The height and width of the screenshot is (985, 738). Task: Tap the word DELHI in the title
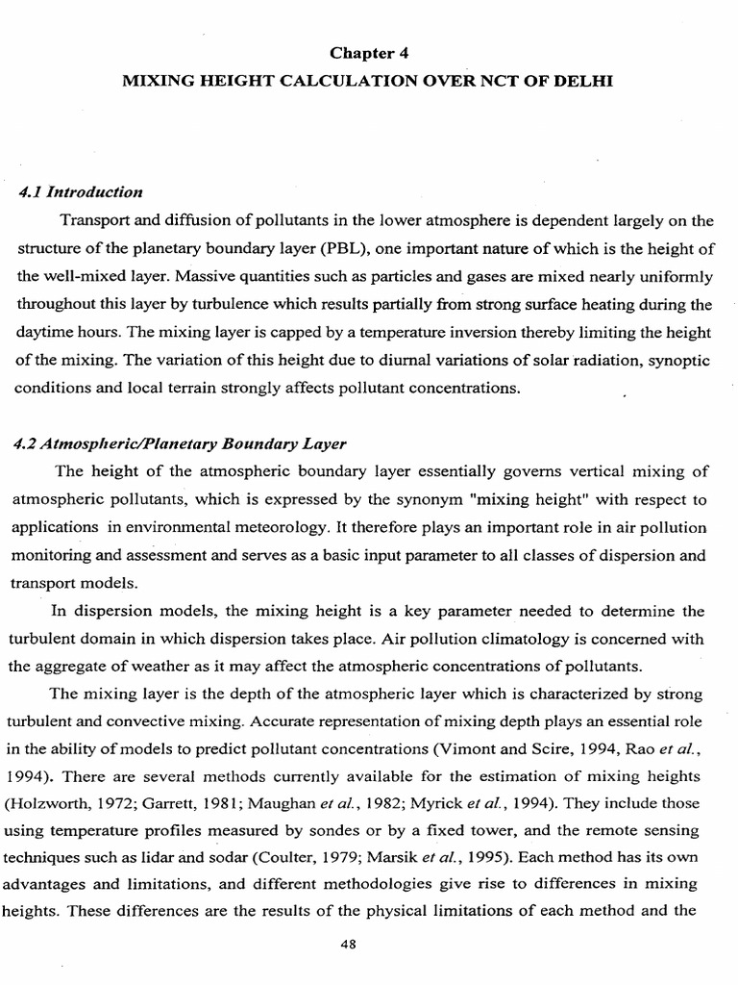coord(578,83)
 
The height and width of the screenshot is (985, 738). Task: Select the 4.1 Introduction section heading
coord(81,192)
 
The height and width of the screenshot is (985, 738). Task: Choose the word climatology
coord(540,639)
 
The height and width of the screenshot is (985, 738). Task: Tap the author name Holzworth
coord(59,777)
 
